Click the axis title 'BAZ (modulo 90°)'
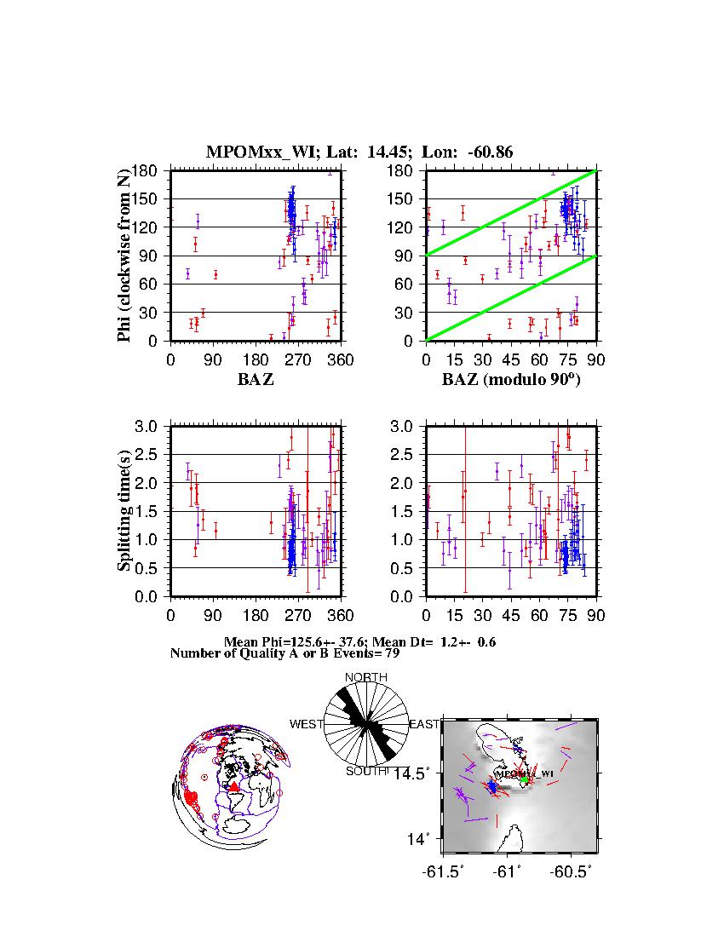click(x=511, y=380)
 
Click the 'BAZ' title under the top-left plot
click(x=256, y=380)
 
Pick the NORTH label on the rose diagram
click(x=365, y=678)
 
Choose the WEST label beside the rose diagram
click(x=307, y=725)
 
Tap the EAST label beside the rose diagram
click(x=424, y=725)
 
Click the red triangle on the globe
click(x=233, y=787)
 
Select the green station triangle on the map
click(x=525, y=779)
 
